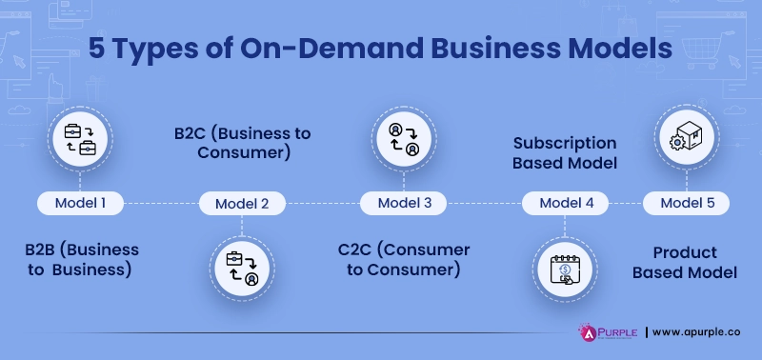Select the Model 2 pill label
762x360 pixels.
coord(242,203)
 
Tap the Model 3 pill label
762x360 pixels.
coord(405,202)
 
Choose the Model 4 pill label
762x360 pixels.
coord(567,203)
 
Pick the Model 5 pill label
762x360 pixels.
coord(687,203)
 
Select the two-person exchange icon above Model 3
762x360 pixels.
coord(405,138)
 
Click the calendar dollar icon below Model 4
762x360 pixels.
coord(566,267)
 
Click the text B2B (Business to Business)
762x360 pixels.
coord(82,259)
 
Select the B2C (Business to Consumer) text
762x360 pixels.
coord(242,142)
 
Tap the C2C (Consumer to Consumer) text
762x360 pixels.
coord(404,259)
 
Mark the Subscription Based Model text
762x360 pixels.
coord(565,152)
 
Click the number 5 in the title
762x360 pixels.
coord(97,50)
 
